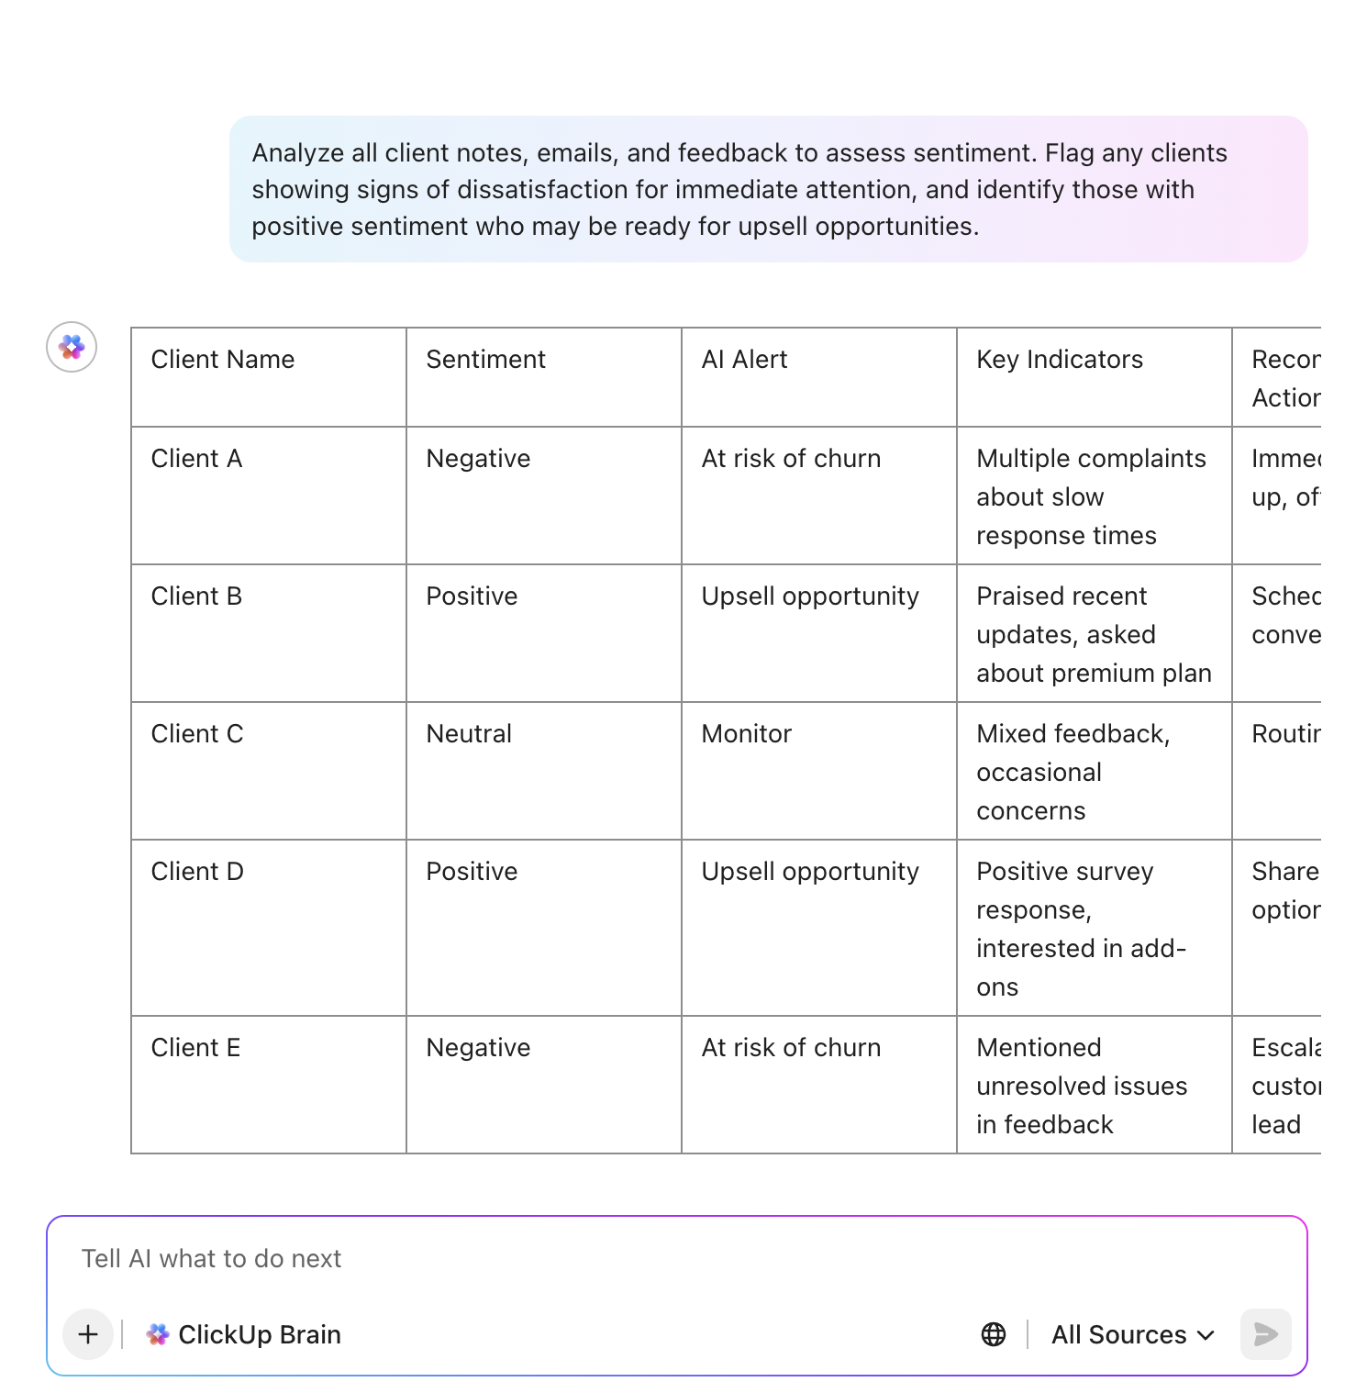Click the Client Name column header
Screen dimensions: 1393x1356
pos(223,360)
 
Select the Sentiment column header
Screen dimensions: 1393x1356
pos(485,360)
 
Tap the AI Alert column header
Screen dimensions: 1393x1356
pos(744,360)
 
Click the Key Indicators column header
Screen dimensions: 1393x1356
pos(1060,360)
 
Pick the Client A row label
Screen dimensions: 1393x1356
pos(196,459)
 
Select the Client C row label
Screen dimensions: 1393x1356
pos(197,734)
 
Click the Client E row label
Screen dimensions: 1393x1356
pos(195,1048)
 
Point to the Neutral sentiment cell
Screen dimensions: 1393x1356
pos(469,734)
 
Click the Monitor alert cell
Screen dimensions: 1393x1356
pos(746,734)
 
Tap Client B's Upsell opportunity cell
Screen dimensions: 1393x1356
pos(809,596)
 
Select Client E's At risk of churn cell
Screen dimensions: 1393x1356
pos(791,1048)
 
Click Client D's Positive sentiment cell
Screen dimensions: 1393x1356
pos(472,872)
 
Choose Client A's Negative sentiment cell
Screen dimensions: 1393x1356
pos(478,459)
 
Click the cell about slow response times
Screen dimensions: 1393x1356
pos(1090,496)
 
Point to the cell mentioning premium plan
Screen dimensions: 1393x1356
pos(1093,634)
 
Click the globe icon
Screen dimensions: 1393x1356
pos(994,1334)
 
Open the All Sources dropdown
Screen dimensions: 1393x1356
pos(1132,1334)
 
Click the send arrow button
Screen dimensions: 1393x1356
pos(1265,1334)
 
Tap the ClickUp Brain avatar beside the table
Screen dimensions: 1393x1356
pos(72,347)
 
